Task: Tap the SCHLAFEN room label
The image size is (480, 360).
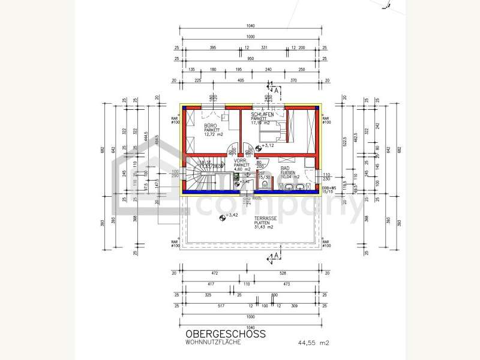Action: point(263,114)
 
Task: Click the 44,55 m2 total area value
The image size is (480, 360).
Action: point(314,343)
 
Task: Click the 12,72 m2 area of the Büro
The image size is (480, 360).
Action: point(213,134)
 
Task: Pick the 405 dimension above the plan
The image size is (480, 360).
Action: point(240,80)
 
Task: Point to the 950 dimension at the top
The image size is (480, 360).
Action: point(251,59)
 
